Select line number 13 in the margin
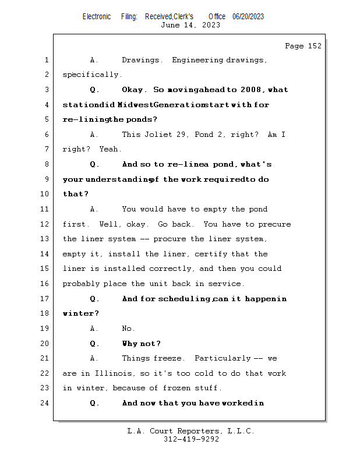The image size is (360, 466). point(46,239)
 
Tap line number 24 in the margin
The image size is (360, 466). point(46,403)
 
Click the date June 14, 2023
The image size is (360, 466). point(190,25)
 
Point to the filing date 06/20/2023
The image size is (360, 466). point(248,16)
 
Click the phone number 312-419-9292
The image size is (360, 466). point(190,439)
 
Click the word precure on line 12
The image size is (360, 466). point(274,224)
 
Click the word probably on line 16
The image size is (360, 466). point(81,284)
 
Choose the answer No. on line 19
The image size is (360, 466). point(128,329)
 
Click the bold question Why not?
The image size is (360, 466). point(142,344)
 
